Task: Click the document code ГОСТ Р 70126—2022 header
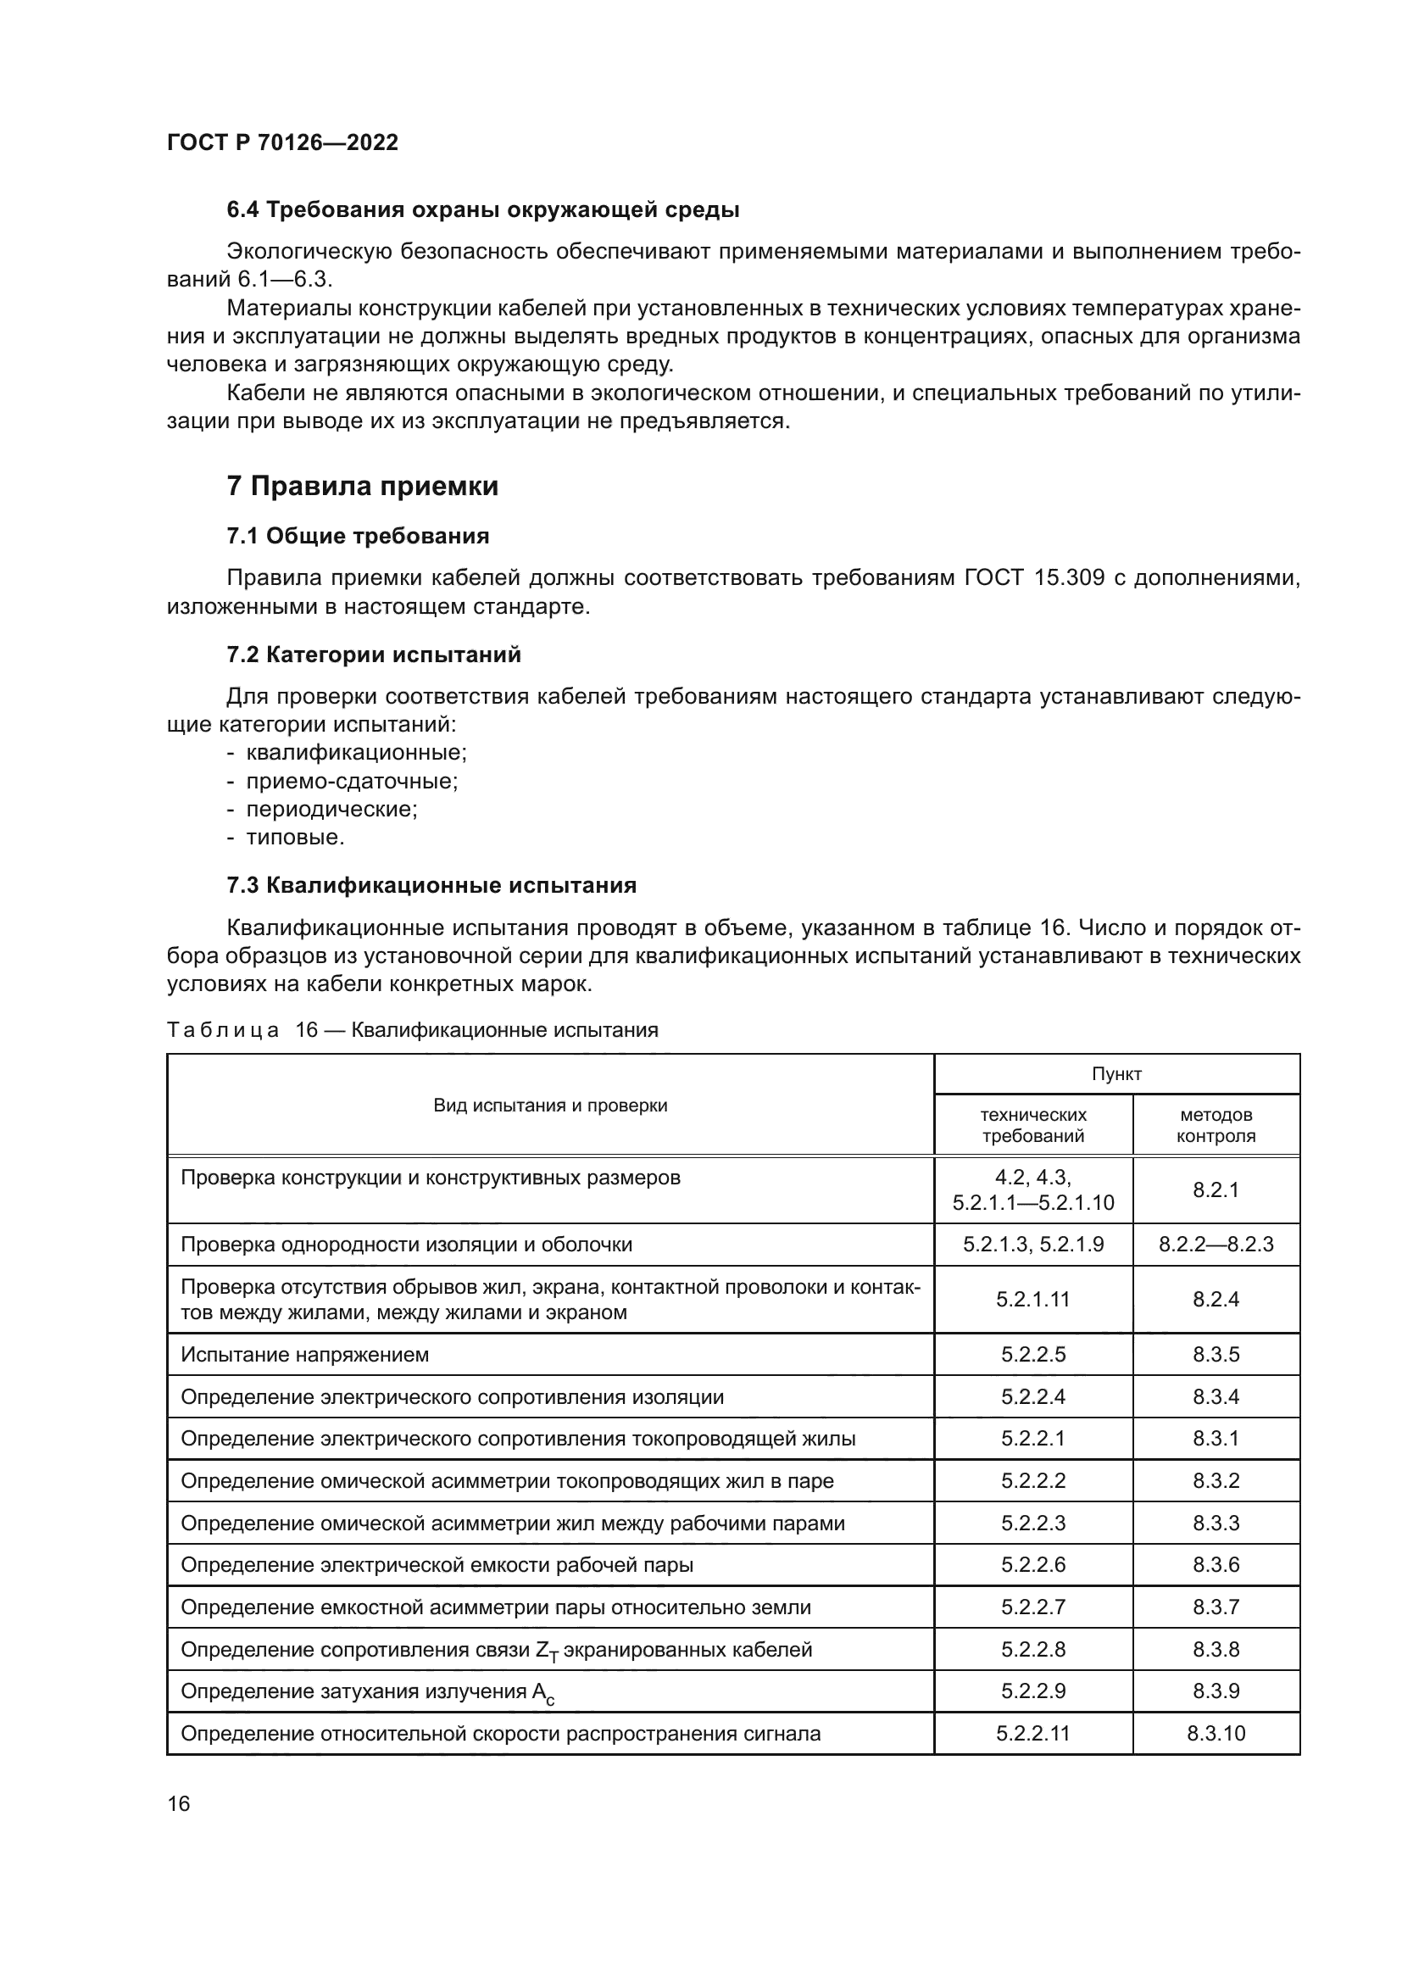point(282,142)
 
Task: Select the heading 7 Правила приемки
point(363,487)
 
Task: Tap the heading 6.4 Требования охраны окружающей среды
point(482,210)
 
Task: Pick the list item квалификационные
point(356,752)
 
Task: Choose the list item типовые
point(295,837)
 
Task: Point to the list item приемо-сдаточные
point(352,781)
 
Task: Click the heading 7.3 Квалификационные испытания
point(431,885)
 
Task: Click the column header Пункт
point(1116,1073)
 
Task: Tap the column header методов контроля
point(1216,1124)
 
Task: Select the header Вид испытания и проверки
point(550,1105)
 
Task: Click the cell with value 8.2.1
point(1216,1189)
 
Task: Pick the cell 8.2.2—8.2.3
point(1216,1244)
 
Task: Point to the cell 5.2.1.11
point(1032,1299)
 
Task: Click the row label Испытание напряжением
point(305,1354)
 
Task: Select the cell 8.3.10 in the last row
point(1216,1734)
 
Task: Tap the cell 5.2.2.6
point(1032,1565)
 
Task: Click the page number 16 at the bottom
point(179,1803)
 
